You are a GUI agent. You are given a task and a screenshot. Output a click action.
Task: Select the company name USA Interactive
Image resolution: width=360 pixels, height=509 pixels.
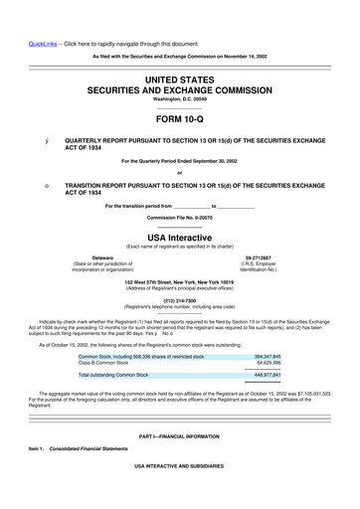[179, 238]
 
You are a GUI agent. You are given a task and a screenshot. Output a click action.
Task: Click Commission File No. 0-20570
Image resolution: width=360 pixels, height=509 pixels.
[179, 217]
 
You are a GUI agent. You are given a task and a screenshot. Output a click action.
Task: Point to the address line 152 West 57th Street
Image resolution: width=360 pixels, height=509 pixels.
[179, 282]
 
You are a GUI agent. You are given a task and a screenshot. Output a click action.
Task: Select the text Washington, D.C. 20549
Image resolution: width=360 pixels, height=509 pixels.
[179, 99]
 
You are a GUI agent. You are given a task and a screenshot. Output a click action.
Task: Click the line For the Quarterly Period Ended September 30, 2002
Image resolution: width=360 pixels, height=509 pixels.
[179, 161]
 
